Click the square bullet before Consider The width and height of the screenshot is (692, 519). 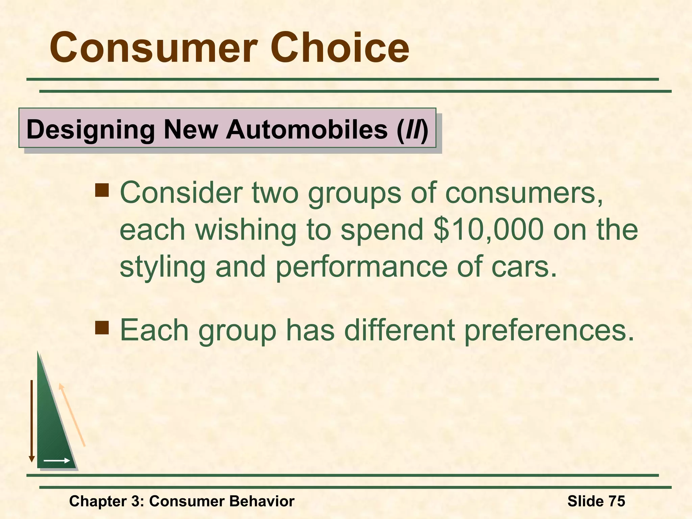click(102, 190)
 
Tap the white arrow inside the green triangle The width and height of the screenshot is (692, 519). click(56, 461)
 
